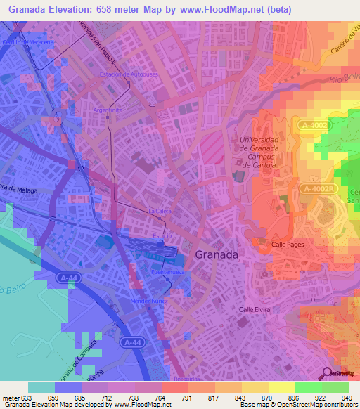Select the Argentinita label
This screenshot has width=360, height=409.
coord(109,110)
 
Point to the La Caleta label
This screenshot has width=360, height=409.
coord(160,210)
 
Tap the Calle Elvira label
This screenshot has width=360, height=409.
coord(255,309)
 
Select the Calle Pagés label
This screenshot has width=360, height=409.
coord(288,244)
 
